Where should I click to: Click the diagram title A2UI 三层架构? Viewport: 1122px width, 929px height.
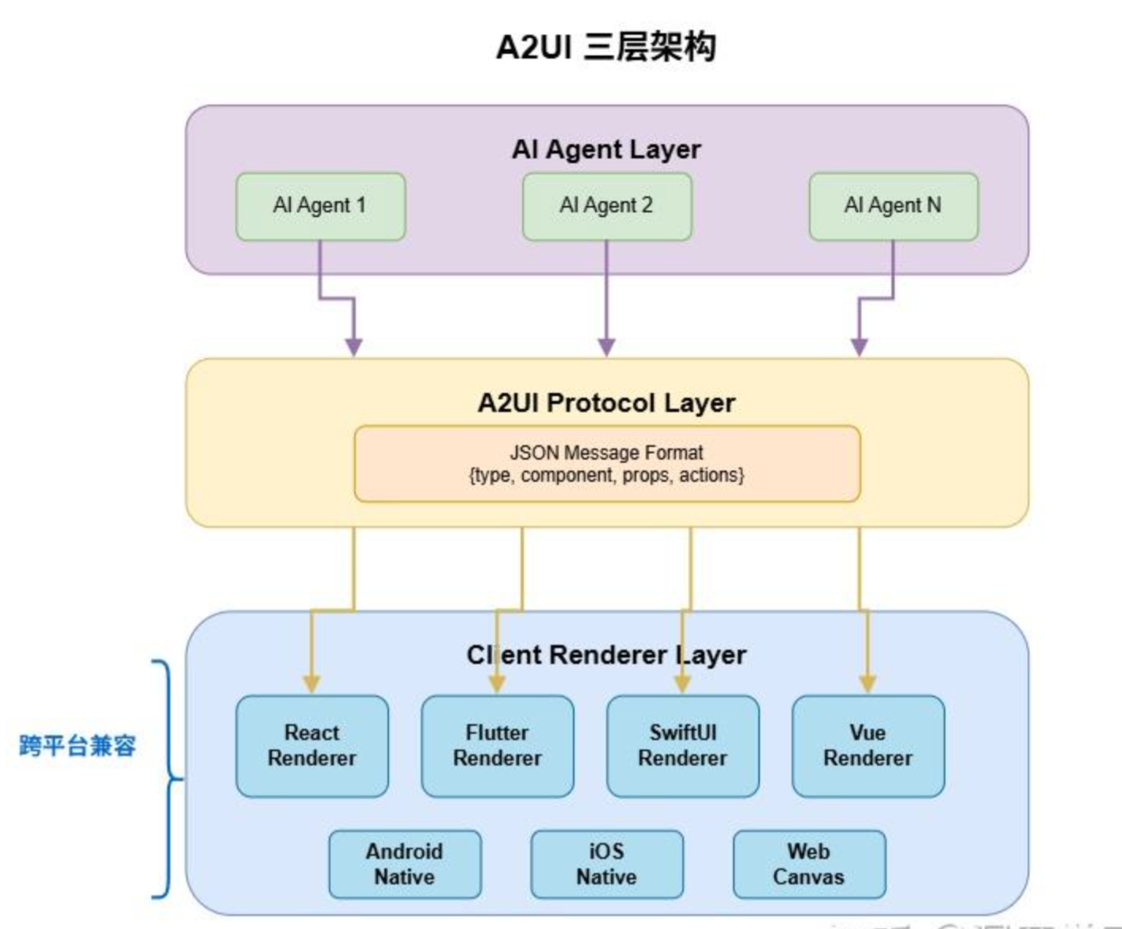(x=606, y=47)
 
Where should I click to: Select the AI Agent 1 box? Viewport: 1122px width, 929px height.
(x=320, y=206)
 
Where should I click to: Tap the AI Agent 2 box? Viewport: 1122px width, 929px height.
(x=606, y=206)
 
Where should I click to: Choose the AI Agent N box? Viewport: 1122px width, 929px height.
(x=893, y=206)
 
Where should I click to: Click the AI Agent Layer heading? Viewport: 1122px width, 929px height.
(x=606, y=149)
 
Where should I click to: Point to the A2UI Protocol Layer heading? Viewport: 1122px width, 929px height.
(x=606, y=403)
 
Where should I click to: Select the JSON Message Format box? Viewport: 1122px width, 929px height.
(x=606, y=464)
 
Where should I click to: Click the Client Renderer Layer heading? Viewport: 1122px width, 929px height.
(x=606, y=655)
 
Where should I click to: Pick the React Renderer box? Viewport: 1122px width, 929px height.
(x=312, y=746)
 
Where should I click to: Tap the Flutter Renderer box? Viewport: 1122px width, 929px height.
(x=497, y=746)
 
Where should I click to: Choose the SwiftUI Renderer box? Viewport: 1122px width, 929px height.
(x=682, y=746)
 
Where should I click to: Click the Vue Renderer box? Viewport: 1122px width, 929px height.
(x=868, y=746)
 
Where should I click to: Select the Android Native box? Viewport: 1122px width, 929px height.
(x=404, y=864)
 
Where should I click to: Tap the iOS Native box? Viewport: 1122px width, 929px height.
(x=606, y=864)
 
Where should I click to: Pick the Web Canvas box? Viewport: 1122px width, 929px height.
(x=809, y=864)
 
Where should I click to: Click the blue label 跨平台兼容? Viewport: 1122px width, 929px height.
(x=77, y=746)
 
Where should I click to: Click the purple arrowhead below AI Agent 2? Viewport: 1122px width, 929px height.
(x=606, y=346)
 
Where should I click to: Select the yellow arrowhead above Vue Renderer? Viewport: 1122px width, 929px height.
(x=868, y=683)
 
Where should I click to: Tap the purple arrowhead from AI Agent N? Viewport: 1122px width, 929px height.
(x=859, y=346)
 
